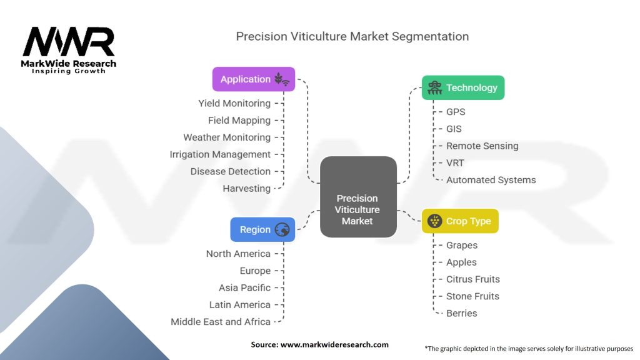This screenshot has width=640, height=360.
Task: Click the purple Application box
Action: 254,79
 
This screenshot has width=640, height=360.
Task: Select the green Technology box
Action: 463,87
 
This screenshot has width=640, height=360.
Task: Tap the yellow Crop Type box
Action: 460,221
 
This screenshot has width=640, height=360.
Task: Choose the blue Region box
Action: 262,229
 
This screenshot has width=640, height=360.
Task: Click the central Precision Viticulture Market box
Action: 358,197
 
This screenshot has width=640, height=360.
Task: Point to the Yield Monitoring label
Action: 234,103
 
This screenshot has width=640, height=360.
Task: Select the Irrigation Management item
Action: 220,154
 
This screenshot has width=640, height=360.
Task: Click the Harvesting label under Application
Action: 246,189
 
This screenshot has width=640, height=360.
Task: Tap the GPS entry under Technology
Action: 456,112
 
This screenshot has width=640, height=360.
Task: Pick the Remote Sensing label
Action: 482,146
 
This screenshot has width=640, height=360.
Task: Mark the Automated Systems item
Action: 491,180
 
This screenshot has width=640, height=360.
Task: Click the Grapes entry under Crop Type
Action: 462,245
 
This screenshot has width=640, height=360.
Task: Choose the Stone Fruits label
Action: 472,296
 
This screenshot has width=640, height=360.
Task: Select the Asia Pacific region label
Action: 244,287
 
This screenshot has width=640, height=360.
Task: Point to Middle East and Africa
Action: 221,322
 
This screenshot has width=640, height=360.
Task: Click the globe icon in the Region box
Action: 282,229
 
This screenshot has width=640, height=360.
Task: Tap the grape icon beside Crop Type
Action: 435,221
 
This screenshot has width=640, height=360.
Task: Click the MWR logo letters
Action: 69,42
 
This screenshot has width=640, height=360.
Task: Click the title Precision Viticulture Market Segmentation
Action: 352,36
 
